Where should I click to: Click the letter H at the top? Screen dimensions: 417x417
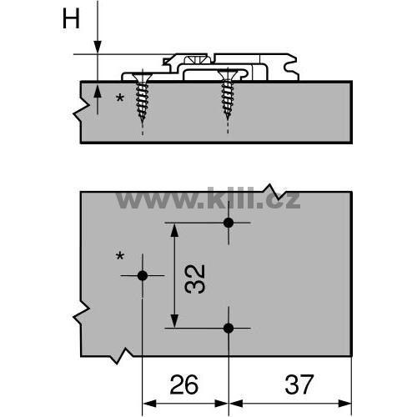click(71, 18)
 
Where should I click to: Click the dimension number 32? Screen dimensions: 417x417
click(195, 279)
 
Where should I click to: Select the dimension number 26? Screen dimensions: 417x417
click(184, 384)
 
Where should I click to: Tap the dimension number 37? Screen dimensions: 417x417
click(299, 384)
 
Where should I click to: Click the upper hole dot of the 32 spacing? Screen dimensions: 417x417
click(229, 223)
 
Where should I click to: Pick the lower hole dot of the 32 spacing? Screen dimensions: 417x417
click(229, 329)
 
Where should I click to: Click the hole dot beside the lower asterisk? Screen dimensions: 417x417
click(143, 276)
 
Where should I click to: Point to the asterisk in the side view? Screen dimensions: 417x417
click(120, 98)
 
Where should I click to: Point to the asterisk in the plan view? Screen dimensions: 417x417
click(120, 256)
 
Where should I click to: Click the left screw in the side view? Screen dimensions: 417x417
click(143, 98)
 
